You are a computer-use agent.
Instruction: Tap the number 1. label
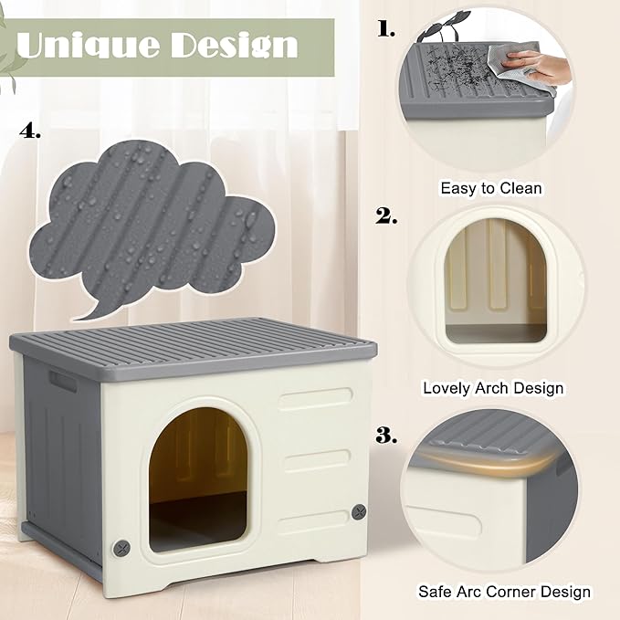[x=387, y=28]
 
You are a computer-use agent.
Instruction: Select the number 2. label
[x=387, y=216]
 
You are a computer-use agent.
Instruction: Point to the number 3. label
[x=387, y=435]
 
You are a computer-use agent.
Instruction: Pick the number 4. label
[x=30, y=132]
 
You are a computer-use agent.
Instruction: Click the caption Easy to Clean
[x=491, y=188]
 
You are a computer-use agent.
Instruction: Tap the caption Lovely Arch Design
[x=493, y=388]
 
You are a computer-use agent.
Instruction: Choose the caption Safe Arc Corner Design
[x=504, y=593]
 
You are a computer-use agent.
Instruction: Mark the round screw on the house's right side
[x=360, y=512]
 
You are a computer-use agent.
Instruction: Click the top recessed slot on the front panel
[x=316, y=399]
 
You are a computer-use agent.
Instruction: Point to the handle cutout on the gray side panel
[x=63, y=381]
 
